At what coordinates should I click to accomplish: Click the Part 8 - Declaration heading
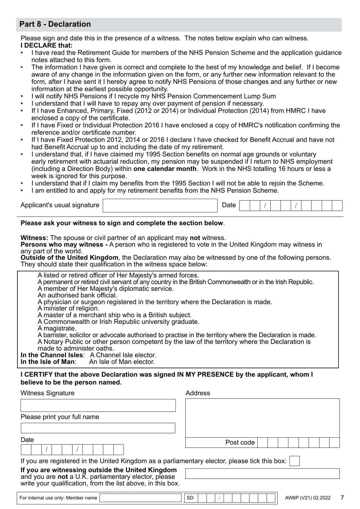pyautogui.click(x=55, y=24)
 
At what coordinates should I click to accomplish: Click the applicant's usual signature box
pyautogui.click(x=160, y=206)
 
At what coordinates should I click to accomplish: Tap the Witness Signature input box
pyautogui.click(x=98, y=405)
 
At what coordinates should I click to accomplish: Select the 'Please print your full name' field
pyautogui.click(x=98, y=428)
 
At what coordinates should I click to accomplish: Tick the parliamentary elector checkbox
pyautogui.click(x=294, y=461)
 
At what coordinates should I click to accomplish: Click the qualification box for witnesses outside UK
pyautogui.click(x=262, y=473)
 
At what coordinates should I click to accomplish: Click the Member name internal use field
pyautogui.click(x=140, y=498)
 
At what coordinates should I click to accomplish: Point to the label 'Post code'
pyautogui.click(x=240, y=443)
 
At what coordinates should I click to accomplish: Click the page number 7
pyautogui.click(x=342, y=498)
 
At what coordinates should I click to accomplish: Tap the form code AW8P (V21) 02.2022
pyautogui.click(x=308, y=498)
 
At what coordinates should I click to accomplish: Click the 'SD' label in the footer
pyautogui.click(x=190, y=498)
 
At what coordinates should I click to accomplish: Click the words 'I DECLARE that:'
pyautogui.click(x=47, y=46)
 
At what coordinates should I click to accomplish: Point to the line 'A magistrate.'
pyautogui.click(x=57, y=328)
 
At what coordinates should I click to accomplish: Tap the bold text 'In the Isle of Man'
pyautogui.click(x=47, y=362)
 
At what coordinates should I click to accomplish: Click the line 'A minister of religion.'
pyautogui.click(x=68, y=308)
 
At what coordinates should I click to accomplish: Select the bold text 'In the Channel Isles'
pyautogui.click(x=51, y=355)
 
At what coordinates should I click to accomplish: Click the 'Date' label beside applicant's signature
pyautogui.click(x=229, y=205)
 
